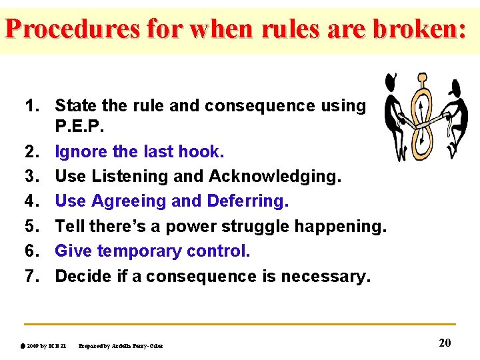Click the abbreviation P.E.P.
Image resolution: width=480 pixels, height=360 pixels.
pyautogui.click(x=79, y=127)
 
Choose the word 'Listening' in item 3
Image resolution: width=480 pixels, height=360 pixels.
pyautogui.click(x=127, y=177)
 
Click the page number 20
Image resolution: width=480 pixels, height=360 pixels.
pyautogui.click(x=445, y=343)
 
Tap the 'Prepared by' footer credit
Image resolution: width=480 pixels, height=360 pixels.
pyautogui.click(x=121, y=345)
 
